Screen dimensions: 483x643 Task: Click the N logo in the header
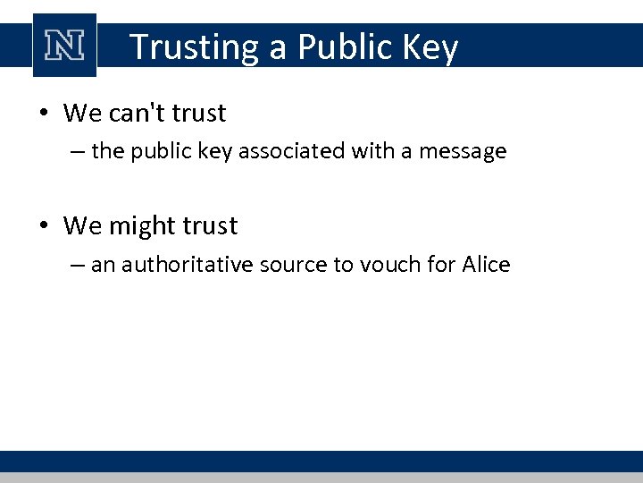(64, 45)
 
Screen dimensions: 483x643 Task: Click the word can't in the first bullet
(138, 114)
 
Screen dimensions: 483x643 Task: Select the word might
(144, 226)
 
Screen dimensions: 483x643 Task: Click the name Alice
(486, 265)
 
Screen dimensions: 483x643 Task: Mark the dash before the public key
(77, 152)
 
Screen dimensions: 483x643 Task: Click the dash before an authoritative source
(77, 266)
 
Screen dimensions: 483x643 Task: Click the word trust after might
(210, 226)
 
